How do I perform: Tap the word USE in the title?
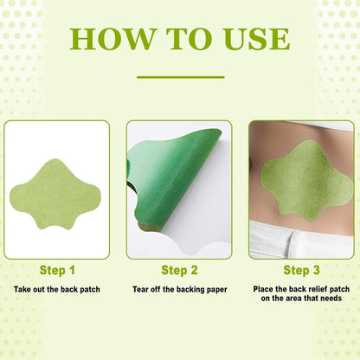(250, 38)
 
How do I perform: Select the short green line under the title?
(179, 77)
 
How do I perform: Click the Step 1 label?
(57, 270)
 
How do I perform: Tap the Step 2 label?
(179, 270)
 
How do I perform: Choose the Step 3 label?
(301, 270)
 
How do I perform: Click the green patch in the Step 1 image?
(57, 190)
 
